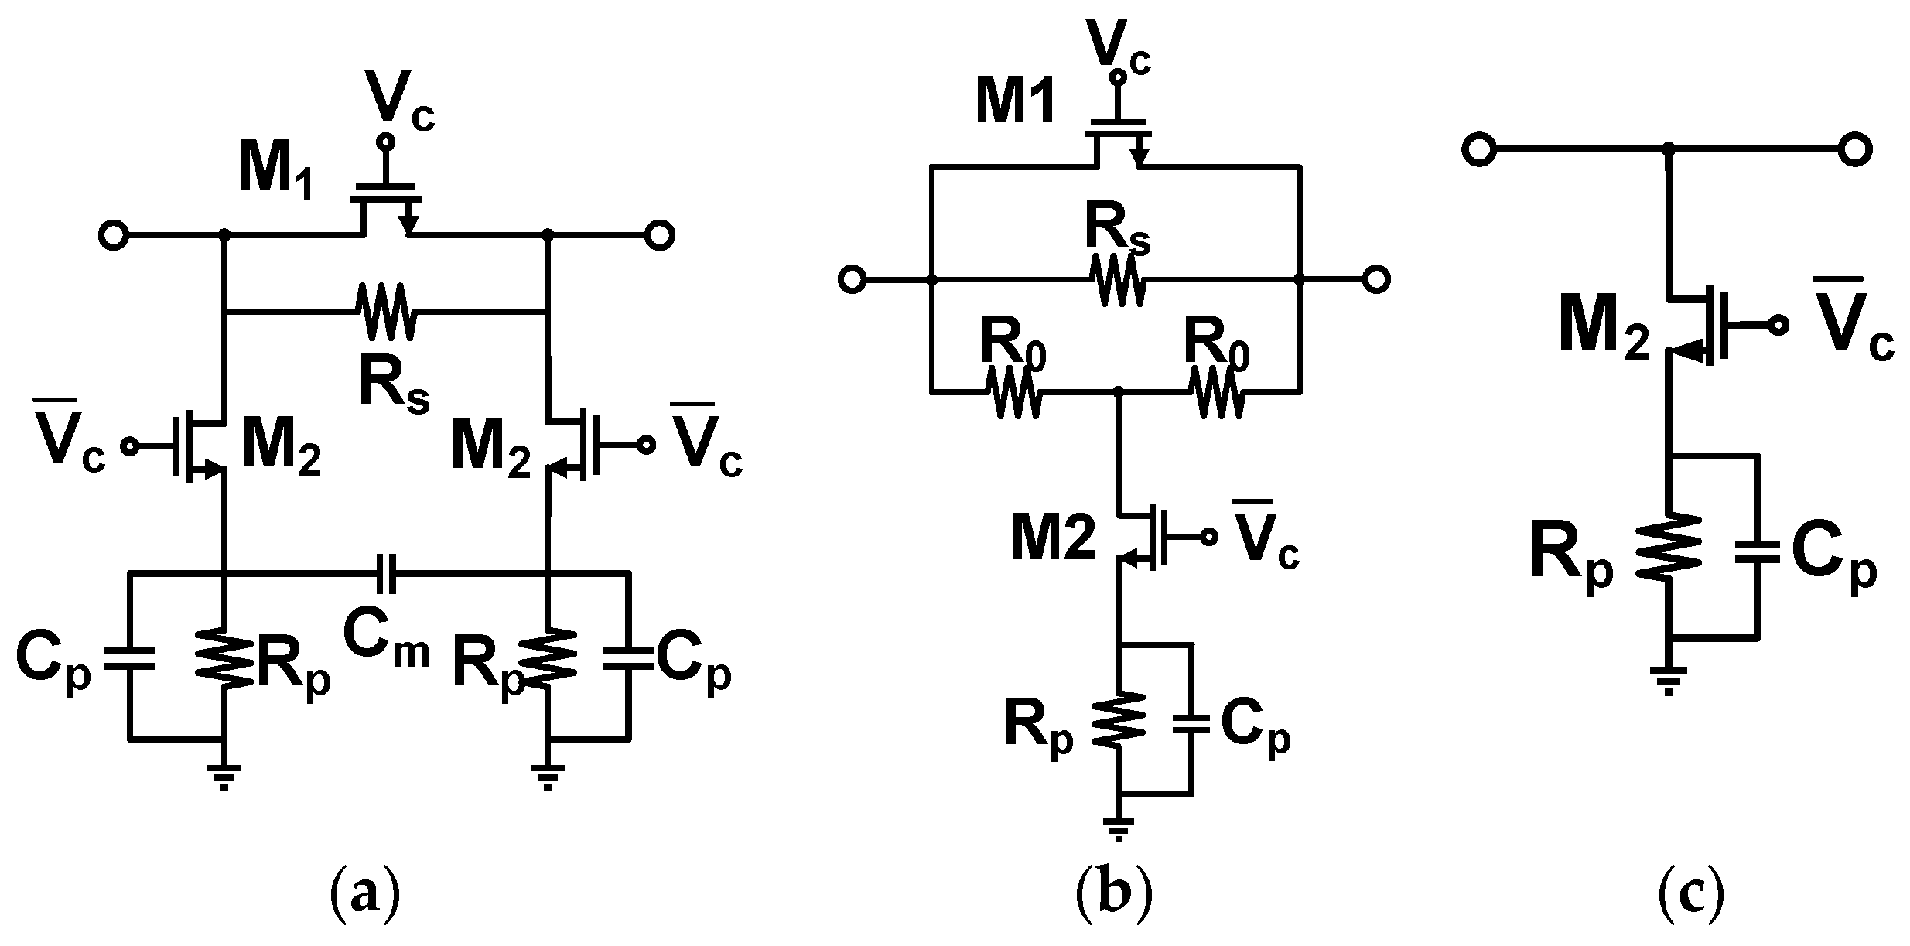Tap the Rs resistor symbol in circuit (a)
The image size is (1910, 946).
[x=384, y=312]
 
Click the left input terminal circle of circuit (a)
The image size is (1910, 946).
[x=114, y=234]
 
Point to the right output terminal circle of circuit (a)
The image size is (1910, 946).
[x=660, y=234]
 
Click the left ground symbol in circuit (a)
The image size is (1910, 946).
[x=224, y=776]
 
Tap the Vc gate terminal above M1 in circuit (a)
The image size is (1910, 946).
[x=384, y=142]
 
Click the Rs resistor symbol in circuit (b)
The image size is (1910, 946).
[x=1117, y=280]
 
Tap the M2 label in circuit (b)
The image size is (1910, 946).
[x=1053, y=540]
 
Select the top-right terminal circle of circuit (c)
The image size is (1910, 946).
[x=1854, y=150]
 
